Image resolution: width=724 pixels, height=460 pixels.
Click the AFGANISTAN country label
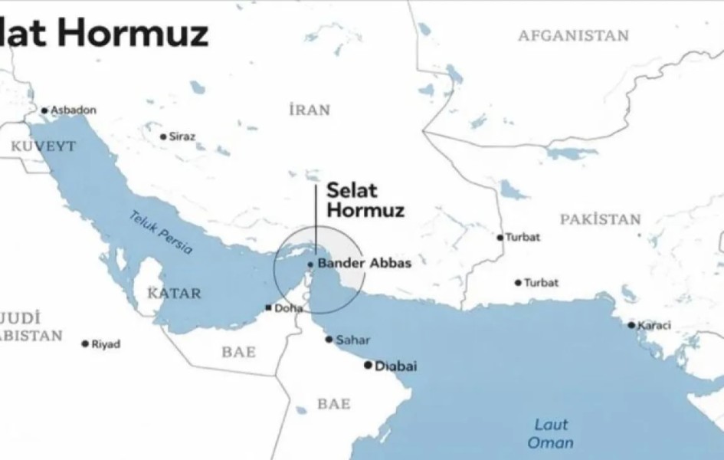point(573,36)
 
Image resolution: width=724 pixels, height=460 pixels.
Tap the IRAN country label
point(310,110)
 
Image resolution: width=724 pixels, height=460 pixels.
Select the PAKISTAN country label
point(600,220)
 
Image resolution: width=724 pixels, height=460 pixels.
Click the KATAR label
point(174,294)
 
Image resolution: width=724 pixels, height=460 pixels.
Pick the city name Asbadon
point(74,110)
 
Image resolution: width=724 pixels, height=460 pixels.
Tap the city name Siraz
point(182,136)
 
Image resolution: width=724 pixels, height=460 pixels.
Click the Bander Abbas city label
point(365,263)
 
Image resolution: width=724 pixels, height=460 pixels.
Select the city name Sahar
point(353,340)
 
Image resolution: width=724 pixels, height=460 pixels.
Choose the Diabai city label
point(396,366)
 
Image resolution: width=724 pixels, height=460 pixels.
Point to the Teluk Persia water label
point(160,232)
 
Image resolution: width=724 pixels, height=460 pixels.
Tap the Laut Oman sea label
point(549,433)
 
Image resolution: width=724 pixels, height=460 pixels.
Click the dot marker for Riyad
point(85,344)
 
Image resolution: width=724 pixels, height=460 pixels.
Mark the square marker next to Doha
point(267,308)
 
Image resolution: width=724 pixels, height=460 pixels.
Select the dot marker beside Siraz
point(163,137)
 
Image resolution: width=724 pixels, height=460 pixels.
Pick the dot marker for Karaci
point(631,325)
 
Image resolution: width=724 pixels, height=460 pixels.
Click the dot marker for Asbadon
point(44,110)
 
